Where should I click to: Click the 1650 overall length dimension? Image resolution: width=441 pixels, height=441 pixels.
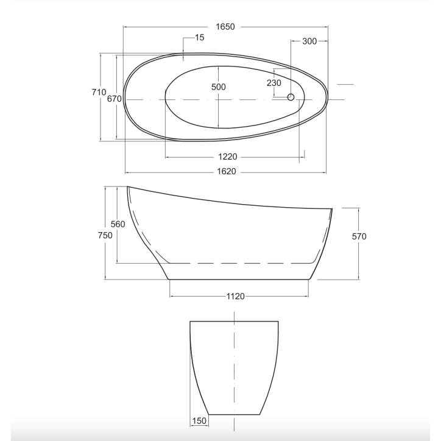(225, 27)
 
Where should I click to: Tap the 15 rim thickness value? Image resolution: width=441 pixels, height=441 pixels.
(199, 37)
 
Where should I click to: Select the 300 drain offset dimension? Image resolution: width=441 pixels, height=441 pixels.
(309, 41)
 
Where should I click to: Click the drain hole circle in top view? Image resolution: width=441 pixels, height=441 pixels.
(291, 97)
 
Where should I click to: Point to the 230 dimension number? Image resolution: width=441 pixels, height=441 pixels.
(273, 83)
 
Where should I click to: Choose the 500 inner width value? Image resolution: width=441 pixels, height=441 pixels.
(218, 87)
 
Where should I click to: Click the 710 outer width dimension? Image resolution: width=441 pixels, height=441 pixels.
(99, 92)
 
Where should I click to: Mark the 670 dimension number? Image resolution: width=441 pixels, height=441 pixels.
(114, 99)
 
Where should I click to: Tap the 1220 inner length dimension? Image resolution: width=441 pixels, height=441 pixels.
(228, 157)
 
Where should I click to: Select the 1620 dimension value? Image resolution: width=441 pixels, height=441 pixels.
(227, 171)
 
